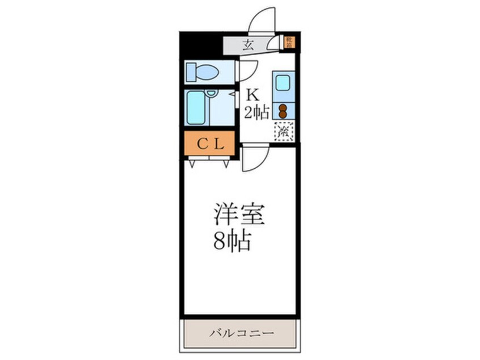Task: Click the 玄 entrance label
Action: pos(248,44)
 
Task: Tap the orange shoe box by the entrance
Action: pos(289,41)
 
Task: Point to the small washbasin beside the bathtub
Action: pos(212,93)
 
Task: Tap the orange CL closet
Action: pos(209,144)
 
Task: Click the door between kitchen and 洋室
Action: pos(253,158)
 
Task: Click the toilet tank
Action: pos(189,72)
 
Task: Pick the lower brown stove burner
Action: pos(283,114)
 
